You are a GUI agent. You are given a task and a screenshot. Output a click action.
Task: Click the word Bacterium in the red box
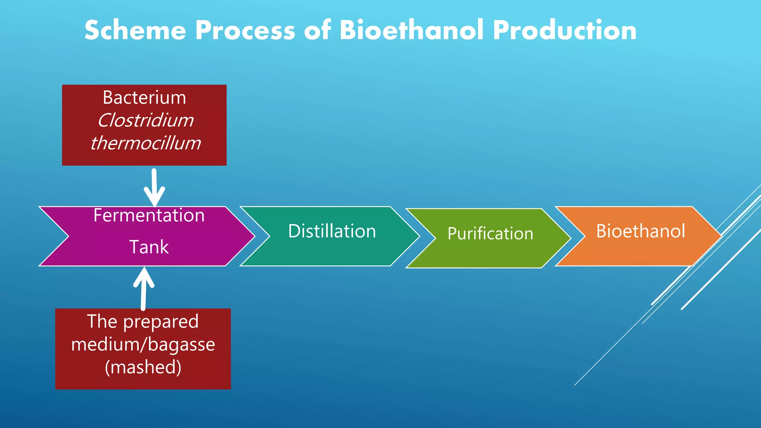144,98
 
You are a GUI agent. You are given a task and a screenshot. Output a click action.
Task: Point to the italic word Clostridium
145,120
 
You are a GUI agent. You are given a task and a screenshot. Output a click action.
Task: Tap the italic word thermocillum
145,143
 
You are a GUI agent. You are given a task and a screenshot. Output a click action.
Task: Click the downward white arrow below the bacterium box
154,188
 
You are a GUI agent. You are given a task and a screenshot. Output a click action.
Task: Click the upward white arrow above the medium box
143,288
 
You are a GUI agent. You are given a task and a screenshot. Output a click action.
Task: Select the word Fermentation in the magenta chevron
149,215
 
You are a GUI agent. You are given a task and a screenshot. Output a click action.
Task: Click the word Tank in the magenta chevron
149,247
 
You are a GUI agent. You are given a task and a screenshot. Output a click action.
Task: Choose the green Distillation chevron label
332,231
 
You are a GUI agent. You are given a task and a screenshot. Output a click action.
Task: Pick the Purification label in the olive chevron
490,234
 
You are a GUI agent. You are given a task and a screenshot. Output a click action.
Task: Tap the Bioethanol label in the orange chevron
641,231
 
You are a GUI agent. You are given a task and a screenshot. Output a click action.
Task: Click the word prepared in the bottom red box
161,322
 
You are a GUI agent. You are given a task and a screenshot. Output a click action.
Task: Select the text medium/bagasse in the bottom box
143,344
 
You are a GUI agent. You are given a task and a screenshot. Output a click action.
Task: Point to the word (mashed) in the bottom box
143,367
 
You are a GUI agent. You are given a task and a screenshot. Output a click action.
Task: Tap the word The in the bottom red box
102,321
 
